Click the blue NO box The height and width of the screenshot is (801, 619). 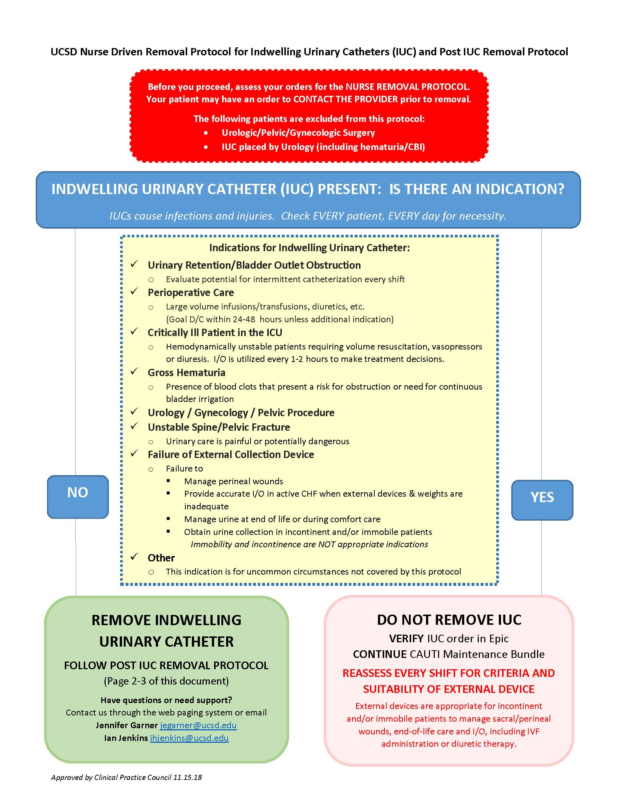(x=78, y=497)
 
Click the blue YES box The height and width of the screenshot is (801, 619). (x=542, y=500)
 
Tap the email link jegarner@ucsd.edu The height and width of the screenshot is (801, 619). (x=198, y=725)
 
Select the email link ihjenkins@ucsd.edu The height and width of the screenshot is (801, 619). (x=189, y=738)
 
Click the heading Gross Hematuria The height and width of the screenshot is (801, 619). (x=186, y=372)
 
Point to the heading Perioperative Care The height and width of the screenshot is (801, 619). (x=191, y=293)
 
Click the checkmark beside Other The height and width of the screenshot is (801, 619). (x=134, y=557)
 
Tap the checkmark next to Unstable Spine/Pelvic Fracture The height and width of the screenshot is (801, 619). (x=134, y=426)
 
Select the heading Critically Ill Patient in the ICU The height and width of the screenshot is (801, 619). (x=215, y=333)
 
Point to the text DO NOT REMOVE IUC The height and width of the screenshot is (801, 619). (x=449, y=620)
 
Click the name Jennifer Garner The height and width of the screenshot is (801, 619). (x=126, y=725)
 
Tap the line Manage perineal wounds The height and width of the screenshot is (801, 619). (x=234, y=481)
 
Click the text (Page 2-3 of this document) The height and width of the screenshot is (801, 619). (x=166, y=681)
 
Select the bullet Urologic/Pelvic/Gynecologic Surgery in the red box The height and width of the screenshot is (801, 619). (x=298, y=133)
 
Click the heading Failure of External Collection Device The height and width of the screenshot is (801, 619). (x=230, y=455)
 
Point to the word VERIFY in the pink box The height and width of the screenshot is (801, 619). (x=406, y=639)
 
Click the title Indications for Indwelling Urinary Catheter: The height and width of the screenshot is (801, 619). (x=309, y=248)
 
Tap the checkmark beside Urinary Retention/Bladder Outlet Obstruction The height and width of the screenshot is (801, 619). (x=134, y=264)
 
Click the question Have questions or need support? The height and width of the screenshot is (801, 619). (x=166, y=700)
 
